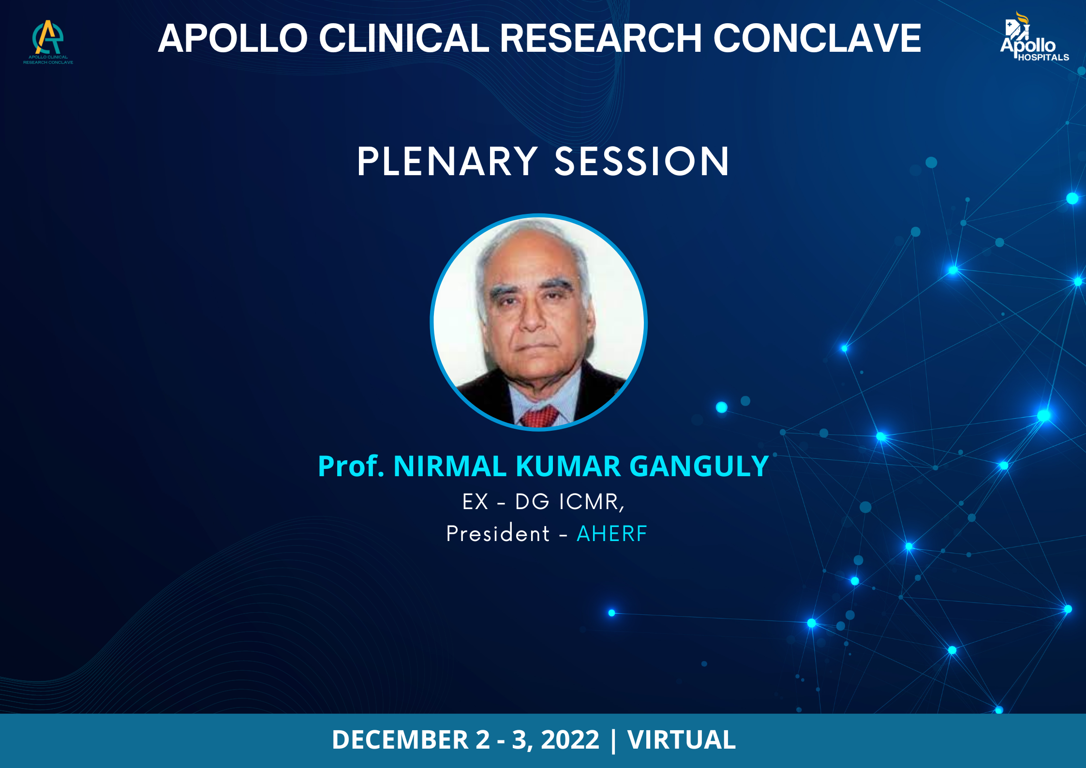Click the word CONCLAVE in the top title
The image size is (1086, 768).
[817, 38]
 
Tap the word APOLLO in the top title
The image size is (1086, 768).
[233, 38]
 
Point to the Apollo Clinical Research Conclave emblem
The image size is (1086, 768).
[48, 42]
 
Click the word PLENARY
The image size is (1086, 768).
[447, 162]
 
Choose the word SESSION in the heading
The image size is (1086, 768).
[641, 162]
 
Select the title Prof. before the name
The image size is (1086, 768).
[351, 467]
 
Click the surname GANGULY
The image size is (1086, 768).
[699, 467]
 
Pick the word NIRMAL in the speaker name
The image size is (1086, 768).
[450, 467]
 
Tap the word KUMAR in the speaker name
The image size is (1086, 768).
[568, 467]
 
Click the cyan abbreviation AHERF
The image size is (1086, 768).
[612, 534]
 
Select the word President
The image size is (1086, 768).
[498, 533]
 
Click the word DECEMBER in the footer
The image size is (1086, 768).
[400, 740]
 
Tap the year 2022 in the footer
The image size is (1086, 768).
[570, 740]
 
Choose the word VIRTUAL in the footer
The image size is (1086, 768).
[681, 740]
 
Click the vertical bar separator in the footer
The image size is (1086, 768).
[613, 741]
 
